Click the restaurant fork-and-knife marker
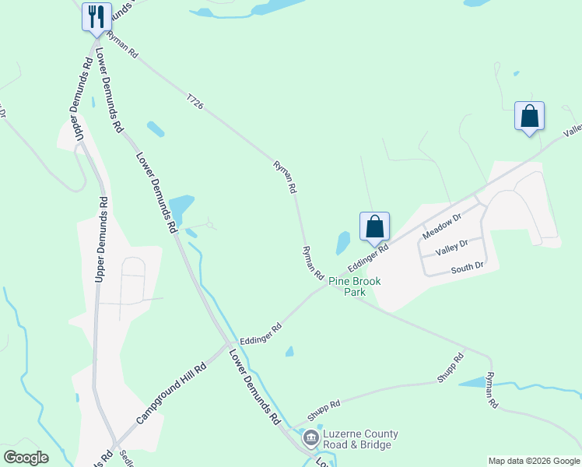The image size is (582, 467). click(x=96, y=17)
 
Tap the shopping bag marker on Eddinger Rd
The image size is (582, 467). click(x=374, y=227)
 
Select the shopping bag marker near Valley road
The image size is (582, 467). click(x=529, y=117)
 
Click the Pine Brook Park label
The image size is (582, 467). click(x=348, y=286)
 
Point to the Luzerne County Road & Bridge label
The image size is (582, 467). click(x=361, y=440)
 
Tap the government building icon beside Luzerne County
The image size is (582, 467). click(x=311, y=438)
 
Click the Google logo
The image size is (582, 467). click(x=26, y=458)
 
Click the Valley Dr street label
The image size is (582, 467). click(x=452, y=245)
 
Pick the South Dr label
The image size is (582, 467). click(x=468, y=267)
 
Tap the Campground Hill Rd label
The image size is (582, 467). click(x=171, y=393)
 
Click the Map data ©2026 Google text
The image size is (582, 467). click(x=534, y=461)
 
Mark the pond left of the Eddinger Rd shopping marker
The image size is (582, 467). click(x=342, y=243)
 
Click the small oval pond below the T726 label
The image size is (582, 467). click(x=156, y=128)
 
